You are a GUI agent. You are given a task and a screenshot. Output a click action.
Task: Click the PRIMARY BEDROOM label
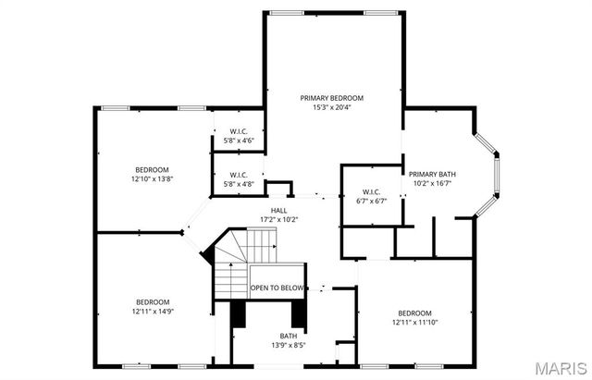(331, 97)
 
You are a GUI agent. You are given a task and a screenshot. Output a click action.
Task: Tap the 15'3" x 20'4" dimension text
(331, 107)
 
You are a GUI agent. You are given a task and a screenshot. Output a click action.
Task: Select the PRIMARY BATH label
(430, 173)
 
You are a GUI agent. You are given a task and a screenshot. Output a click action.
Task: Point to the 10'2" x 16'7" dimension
(430, 183)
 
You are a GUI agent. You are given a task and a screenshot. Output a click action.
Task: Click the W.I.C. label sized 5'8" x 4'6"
(239, 132)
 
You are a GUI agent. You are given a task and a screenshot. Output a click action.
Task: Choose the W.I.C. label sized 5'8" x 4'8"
(239, 174)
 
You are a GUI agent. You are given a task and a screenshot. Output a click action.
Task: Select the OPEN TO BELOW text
(277, 288)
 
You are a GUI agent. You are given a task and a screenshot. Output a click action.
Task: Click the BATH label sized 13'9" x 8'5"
(290, 336)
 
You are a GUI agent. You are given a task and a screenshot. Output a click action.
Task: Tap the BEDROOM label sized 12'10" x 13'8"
(152, 169)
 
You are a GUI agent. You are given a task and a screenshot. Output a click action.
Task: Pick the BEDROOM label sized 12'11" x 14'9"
(153, 302)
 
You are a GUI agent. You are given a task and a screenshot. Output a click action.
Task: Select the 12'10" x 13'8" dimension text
(152, 179)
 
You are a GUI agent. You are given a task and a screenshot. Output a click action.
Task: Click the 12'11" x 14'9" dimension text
(153, 313)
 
